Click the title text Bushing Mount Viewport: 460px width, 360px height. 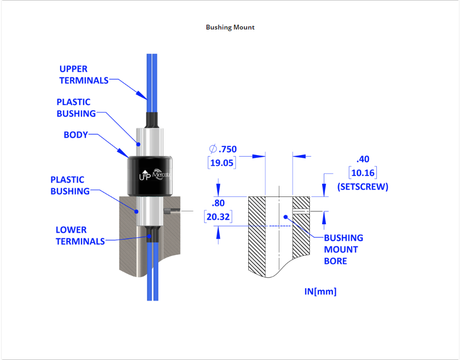[230, 27]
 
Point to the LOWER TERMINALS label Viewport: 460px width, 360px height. [80, 236]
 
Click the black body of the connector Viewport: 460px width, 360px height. [149, 174]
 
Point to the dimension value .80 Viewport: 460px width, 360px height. [218, 203]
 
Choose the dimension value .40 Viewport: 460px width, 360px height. [363, 159]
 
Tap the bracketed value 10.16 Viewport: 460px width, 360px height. [362, 173]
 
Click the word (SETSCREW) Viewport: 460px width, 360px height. [362, 187]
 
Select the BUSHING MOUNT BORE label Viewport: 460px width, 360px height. [343, 249]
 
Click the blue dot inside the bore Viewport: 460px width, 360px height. [286, 216]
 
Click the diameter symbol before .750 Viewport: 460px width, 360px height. [213, 149]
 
